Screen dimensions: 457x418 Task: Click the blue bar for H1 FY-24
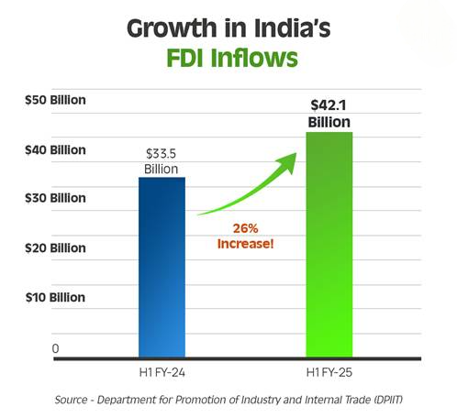pyautogui.click(x=162, y=267)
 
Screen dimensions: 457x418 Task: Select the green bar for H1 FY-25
pyautogui.click(x=329, y=245)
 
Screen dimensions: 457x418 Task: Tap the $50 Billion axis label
pyautogui.click(x=55, y=100)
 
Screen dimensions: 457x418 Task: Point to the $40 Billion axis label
pyautogui.click(x=55, y=150)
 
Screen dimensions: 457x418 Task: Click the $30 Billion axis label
pyautogui.click(x=55, y=198)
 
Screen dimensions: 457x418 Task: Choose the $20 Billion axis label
pyautogui.click(x=55, y=247)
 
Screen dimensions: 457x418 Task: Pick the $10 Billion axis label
pyautogui.click(x=55, y=297)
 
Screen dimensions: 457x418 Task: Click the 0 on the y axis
pyautogui.click(x=55, y=348)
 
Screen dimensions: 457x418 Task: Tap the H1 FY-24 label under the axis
pyautogui.click(x=162, y=372)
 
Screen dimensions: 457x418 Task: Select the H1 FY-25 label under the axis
pyautogui.click(x=329, y=372)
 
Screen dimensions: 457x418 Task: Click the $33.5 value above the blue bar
pyautogui.click(x=162, y=154)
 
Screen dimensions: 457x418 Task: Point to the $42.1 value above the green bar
pyautogui.click(x=329, y=105)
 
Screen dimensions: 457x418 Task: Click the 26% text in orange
pyautogui.click(x=246, y=228)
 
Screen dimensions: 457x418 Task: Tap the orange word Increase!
pyautogui.click(x=245, y=244)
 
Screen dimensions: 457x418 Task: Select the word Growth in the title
pyautogui.click(x=172, y=28)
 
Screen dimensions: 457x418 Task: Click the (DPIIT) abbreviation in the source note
pyautogui.click(x=387, y=400)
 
